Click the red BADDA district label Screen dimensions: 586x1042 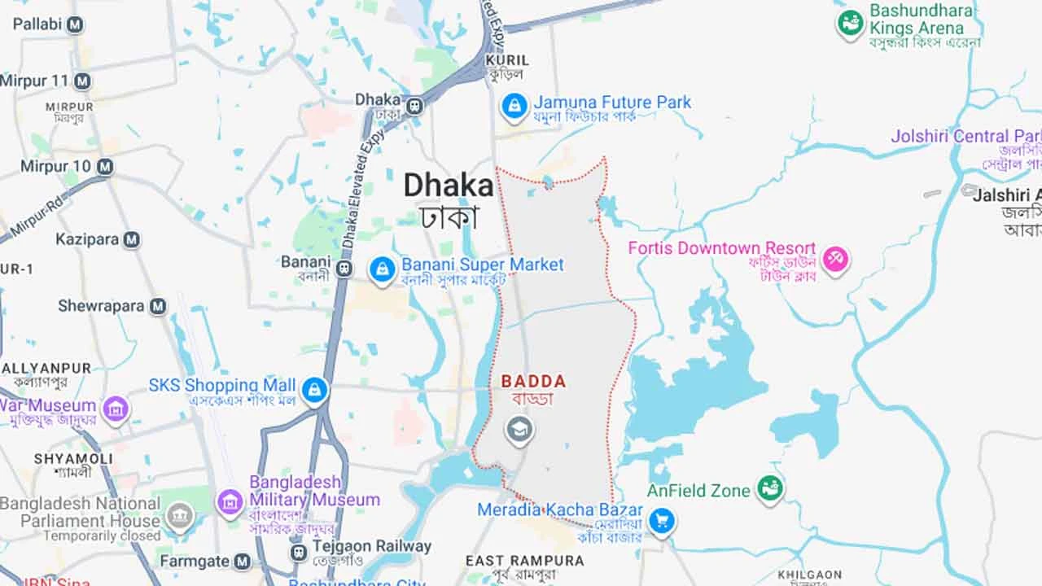point(533,381)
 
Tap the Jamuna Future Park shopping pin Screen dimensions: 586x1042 point(514,106)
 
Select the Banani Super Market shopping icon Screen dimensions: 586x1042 point(383,269)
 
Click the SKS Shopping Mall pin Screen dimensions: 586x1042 point(314,390)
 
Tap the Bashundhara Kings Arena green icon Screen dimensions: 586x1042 point(850,24)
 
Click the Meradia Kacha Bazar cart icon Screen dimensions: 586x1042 point(663,521)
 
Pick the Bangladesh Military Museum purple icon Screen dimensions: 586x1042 point(230,501)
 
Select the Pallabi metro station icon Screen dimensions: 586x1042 point(75,25)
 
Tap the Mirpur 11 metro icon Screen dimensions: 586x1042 point(82,81)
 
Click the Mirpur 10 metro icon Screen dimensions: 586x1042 point(104,167)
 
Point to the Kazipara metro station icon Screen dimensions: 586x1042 point(132,240)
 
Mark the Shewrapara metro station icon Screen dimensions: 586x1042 point(158,307)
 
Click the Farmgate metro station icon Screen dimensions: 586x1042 point(242,561)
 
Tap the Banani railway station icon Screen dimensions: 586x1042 point(344,268)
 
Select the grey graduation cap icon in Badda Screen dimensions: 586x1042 point(519,430)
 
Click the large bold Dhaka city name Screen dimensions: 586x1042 point(449,186)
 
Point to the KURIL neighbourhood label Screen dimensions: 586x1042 point(507,60)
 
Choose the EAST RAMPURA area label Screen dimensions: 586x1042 point(524,561)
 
